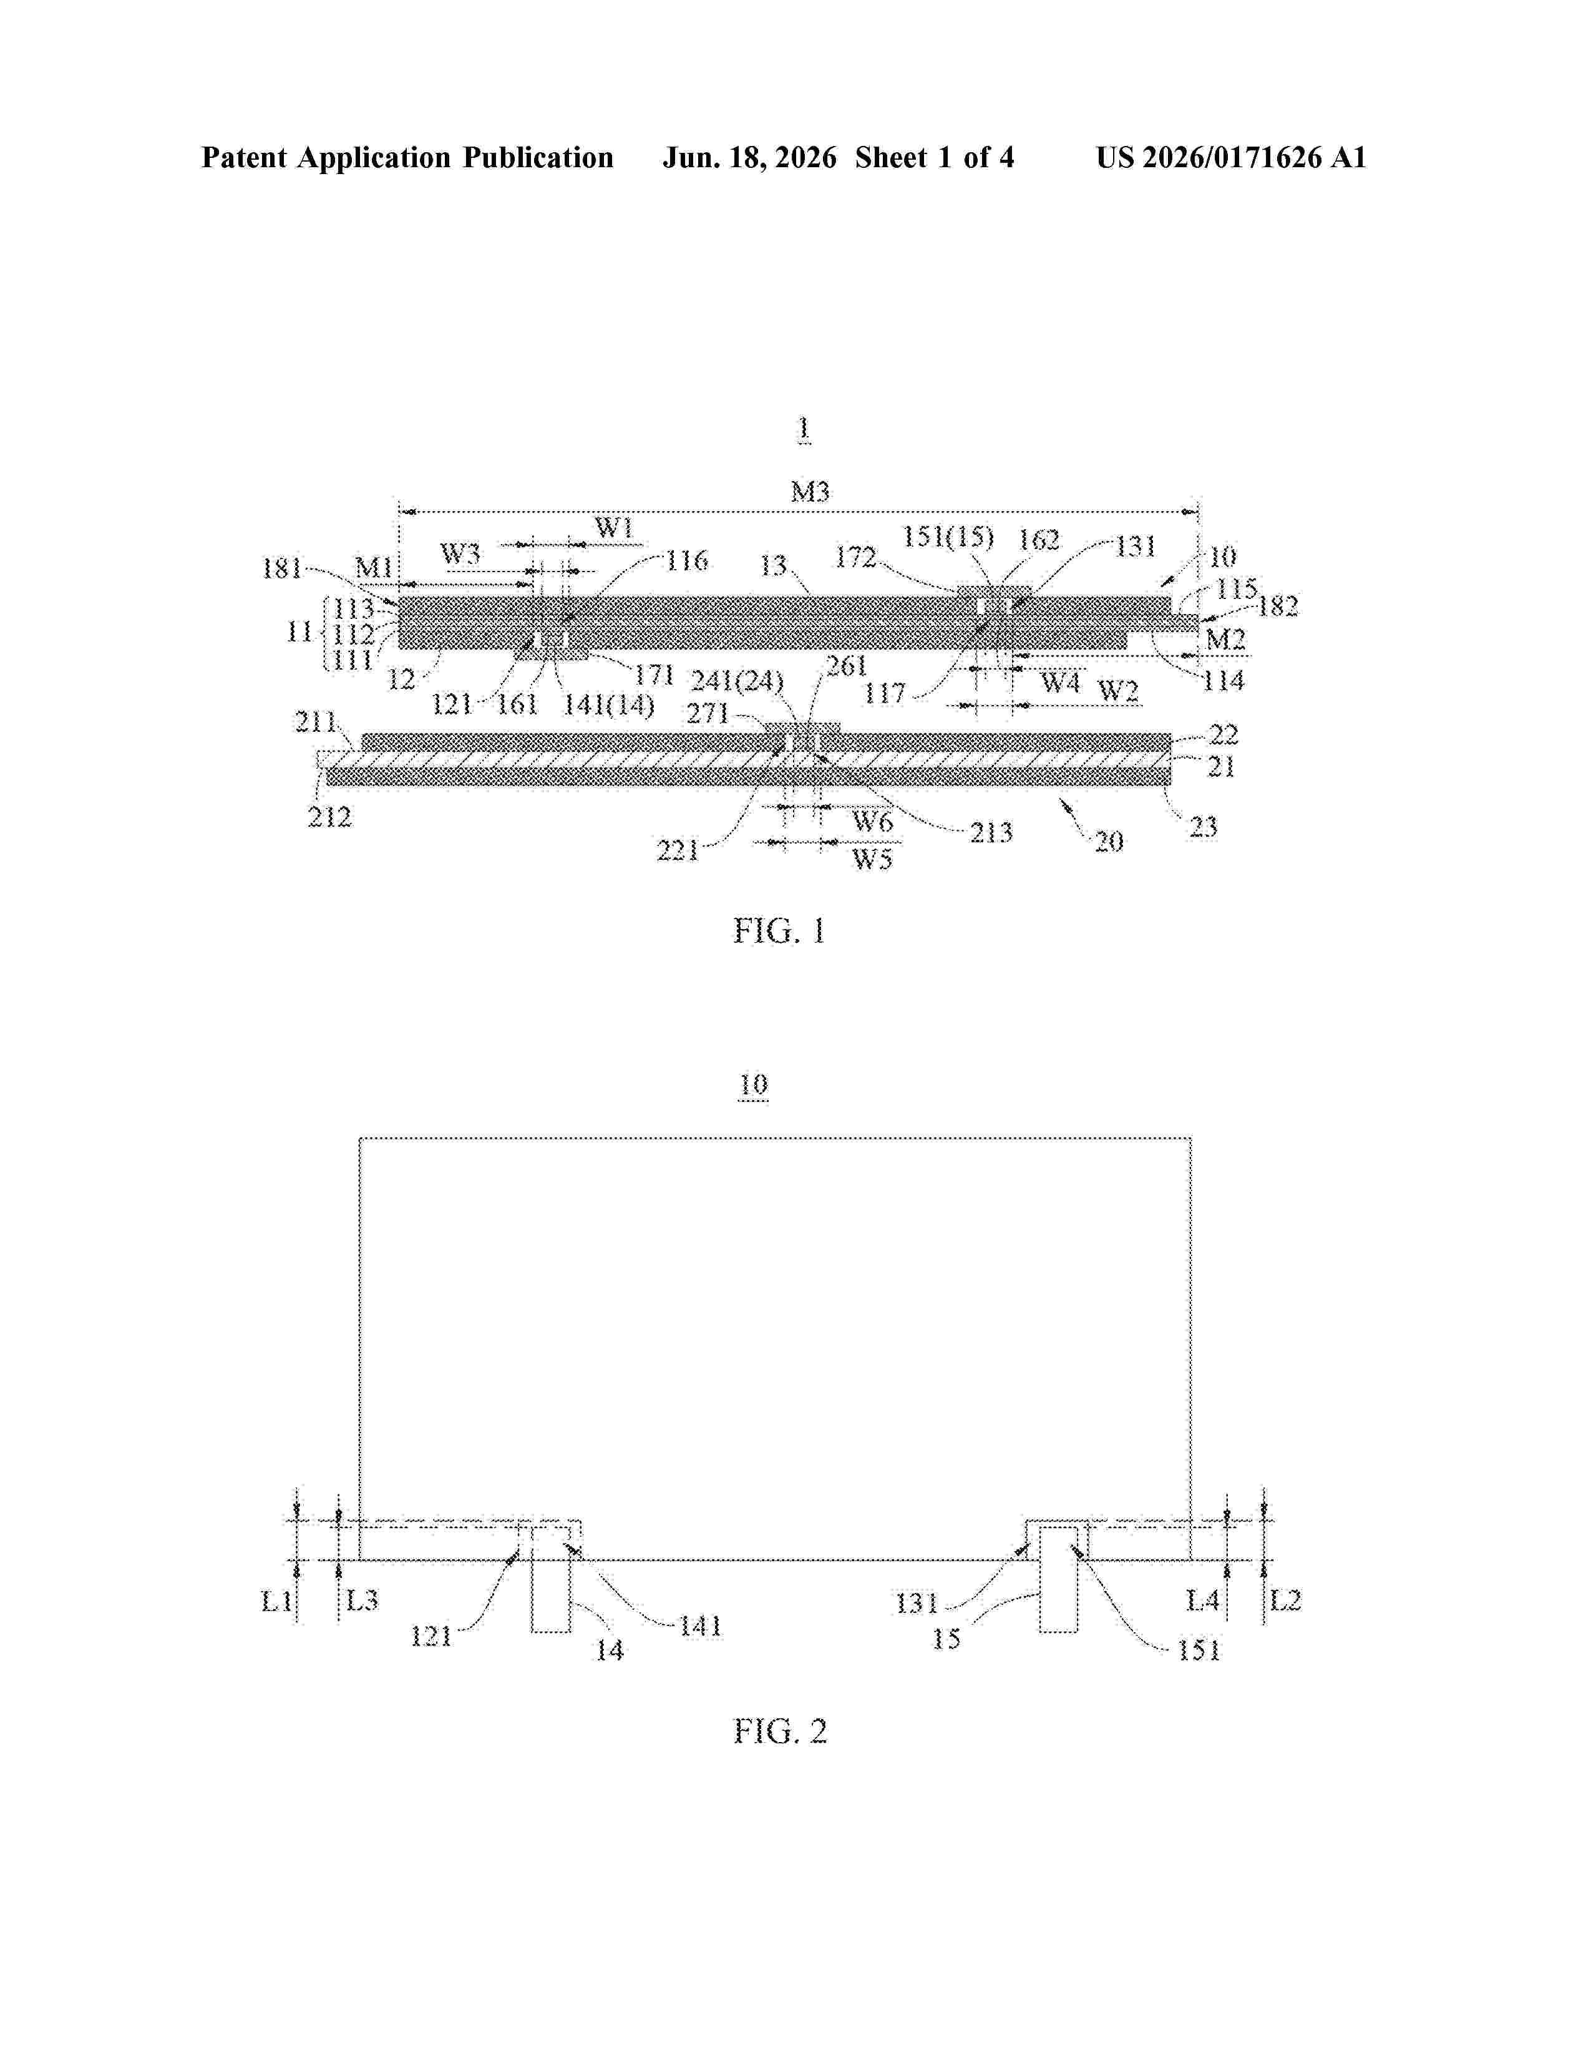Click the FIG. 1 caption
pos(779,932)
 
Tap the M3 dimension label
pos(810,491)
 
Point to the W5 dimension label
pos(872,859)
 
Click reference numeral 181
pos(282,568)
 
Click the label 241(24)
pos(737,681)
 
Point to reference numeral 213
pos(991,832)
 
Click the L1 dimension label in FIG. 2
pos(277,1600)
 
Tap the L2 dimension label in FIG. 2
pos(1286,1600)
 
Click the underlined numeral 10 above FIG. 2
pos(753,1085)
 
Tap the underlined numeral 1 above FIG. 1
pos(803,429)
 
